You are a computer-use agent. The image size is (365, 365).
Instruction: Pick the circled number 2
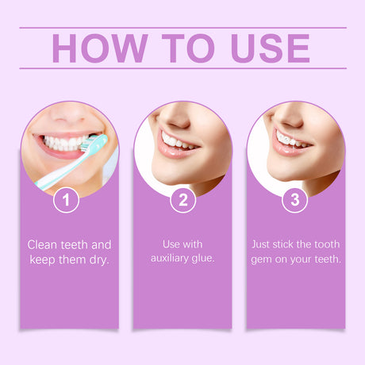182,199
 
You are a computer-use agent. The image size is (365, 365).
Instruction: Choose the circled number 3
295,199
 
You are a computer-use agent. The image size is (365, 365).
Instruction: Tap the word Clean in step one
44,244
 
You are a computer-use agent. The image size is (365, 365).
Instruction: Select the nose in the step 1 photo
70,113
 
